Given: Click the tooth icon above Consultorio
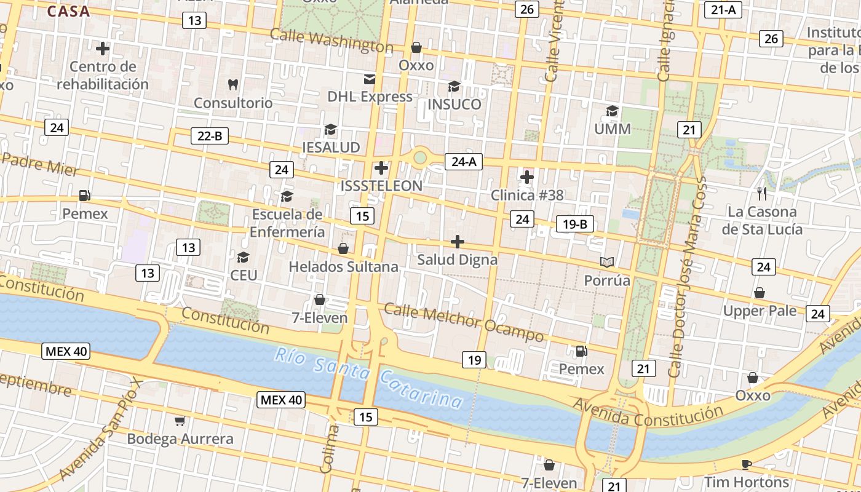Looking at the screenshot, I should click(x=232, y=84).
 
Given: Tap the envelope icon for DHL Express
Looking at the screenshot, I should click(x=370, y=79).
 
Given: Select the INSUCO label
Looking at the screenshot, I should click(x=454, y=104).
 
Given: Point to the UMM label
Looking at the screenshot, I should click(x=613, y=129).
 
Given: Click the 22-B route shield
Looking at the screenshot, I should click(x=210, y=136).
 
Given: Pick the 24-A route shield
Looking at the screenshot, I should click(x=464, y=162).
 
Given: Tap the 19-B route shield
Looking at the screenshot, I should click(x=574, y=224).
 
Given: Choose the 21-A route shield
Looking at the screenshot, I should click(x=723, y=9).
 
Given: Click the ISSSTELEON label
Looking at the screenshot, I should click(x=381, y=186).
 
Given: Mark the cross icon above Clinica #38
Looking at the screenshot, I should click(x=526, y=177).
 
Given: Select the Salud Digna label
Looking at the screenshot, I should click(x=457, y=260).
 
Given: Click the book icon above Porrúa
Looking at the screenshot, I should click(x=607, y=263).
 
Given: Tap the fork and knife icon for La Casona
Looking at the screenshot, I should click(x=762, y=194).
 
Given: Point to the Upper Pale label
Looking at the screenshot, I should click(x=760, y=311).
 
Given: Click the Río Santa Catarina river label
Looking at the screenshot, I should click(x=368, y=378).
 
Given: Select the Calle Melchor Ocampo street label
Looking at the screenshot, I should click(x=464, y=322).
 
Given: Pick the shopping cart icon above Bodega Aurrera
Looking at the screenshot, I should click(x=180, y=421).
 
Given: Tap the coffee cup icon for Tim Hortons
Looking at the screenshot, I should click(x=747, y=464).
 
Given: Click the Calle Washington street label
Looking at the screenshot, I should click(x=331, y=41).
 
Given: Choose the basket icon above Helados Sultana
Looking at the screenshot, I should click(x=343, y=248).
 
